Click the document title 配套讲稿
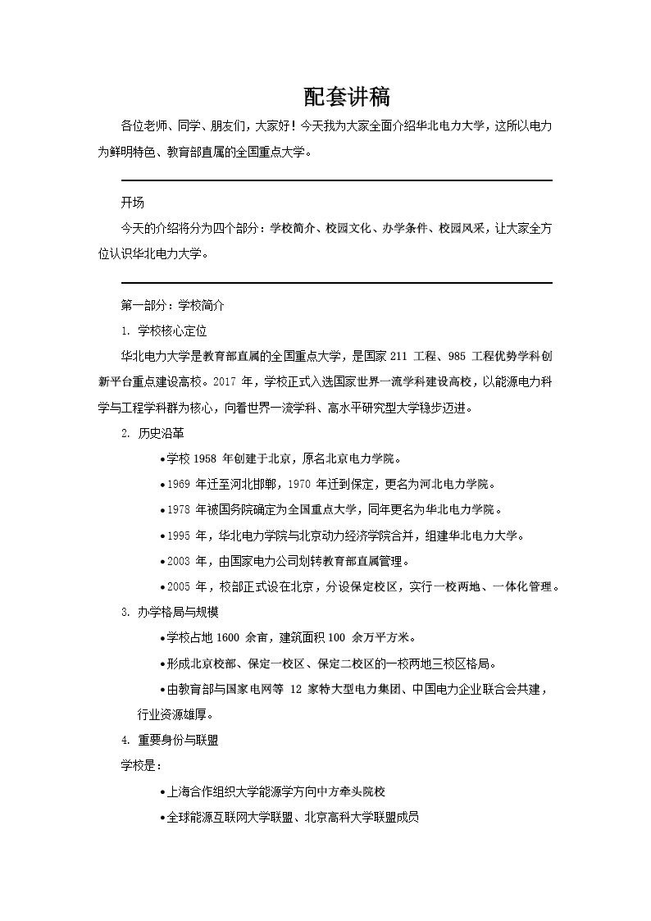[347, 98]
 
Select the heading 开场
[132, 203]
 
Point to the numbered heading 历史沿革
[160, 433]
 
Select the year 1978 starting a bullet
[178, 510]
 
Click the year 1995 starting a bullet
[178, 536]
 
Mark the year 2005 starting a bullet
[178, 587]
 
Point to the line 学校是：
[141, 765]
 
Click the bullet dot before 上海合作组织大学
[162, 792]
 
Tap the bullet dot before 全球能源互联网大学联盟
[162, 818]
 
